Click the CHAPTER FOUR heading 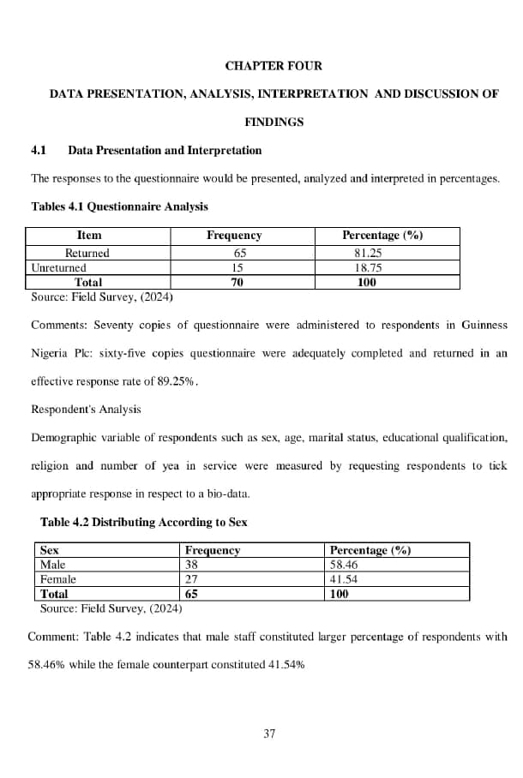coord(274,66)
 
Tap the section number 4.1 coord(39,151)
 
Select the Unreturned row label coord(58,268)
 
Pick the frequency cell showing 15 coord(239,268)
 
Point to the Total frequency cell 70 coord(239,282)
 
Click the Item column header coord(88,236)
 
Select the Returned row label coord(87,254)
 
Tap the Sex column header coord(50,550)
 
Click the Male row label coord(53,565)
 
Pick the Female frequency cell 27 coord(192,579)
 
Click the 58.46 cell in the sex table coord(345,565)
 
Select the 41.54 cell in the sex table coord(345,579)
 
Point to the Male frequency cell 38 coord(192,565)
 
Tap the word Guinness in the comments coord(484,326)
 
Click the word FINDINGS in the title coord(274,123)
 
